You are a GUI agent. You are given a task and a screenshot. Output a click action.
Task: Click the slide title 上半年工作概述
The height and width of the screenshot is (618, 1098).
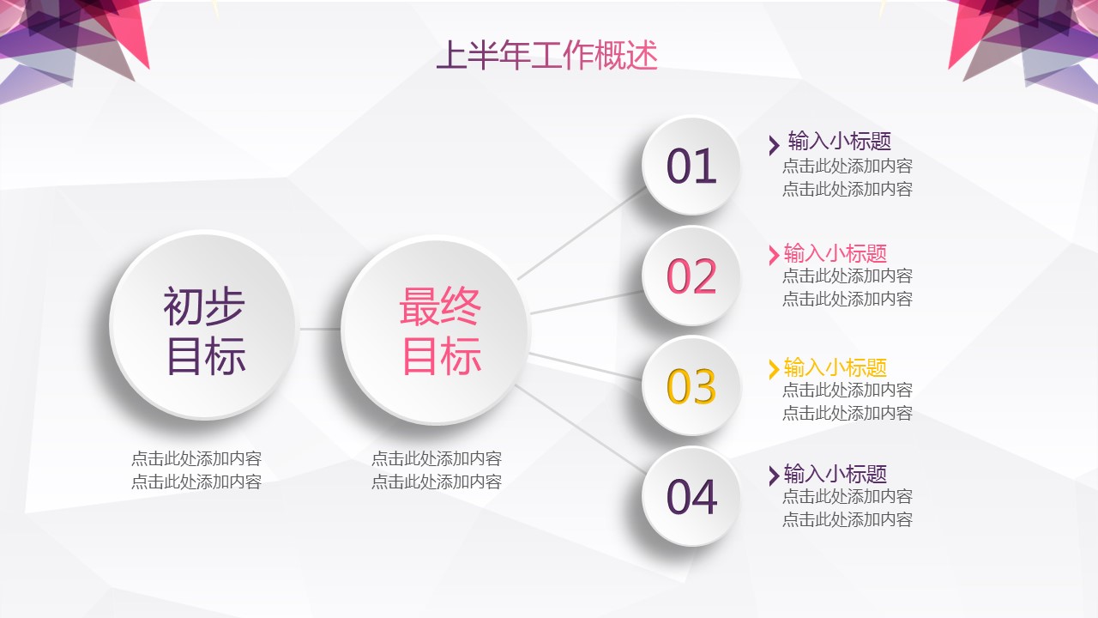coord(546,55)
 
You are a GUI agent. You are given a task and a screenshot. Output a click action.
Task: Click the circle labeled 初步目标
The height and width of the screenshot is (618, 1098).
coord(204,325)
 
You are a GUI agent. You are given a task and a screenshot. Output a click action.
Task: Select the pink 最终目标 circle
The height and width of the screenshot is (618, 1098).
coord(436,330)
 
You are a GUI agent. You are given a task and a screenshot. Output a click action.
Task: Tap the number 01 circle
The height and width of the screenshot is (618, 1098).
coord(691,166)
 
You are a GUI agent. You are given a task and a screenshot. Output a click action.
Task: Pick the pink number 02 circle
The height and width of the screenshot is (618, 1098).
coord(691,276)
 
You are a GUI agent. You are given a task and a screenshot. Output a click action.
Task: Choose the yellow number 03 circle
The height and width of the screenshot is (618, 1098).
coord(691,386)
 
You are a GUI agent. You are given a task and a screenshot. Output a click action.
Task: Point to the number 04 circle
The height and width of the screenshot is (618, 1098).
coord(691,496)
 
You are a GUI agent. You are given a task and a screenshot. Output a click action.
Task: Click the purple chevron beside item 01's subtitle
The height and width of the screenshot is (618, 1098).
coord(774,145)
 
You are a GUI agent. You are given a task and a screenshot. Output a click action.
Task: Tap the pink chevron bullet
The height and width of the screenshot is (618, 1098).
coord(774,255)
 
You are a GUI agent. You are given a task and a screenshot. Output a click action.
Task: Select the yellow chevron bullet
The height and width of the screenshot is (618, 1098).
coord(774,369)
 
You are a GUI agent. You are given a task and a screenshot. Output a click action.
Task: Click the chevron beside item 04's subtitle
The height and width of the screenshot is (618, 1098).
coord(774,476)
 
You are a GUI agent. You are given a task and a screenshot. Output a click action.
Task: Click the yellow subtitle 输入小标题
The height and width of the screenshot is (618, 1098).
coord(836,367)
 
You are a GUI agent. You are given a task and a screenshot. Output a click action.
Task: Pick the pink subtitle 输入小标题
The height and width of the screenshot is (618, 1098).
coord(836,253)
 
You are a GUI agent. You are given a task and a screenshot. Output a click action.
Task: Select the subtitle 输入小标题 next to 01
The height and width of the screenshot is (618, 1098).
coord(840,142)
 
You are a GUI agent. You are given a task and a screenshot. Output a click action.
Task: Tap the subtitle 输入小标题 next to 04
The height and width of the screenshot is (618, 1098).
coord(836,474)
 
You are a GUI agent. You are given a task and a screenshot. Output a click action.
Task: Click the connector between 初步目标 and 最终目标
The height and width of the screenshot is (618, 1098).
coord(320,329)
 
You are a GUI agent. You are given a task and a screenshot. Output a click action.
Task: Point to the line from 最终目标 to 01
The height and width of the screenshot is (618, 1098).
coord(582,233)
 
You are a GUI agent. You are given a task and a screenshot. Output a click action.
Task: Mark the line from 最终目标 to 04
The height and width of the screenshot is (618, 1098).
coord(581,430)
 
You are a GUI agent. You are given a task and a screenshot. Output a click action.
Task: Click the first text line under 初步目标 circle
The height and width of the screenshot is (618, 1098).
coord(196,458)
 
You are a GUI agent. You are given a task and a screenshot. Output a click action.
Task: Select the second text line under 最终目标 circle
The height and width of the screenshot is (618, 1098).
coord(437,482)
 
